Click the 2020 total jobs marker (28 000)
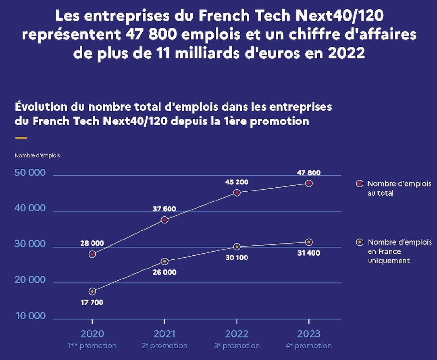92,254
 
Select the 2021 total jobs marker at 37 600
164,220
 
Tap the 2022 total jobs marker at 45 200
237,192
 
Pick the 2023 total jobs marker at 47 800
309,184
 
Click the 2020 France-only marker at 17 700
92,291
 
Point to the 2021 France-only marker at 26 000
164,261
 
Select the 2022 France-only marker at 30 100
237,247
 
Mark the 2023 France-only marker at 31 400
309,242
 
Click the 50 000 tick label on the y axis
30,173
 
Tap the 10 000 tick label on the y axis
30,316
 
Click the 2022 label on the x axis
237,334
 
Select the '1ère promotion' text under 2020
92,346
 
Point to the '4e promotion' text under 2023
309,346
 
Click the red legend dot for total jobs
360,184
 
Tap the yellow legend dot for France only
360,242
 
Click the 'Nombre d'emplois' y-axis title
37,155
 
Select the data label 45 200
237,182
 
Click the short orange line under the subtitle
21,138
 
